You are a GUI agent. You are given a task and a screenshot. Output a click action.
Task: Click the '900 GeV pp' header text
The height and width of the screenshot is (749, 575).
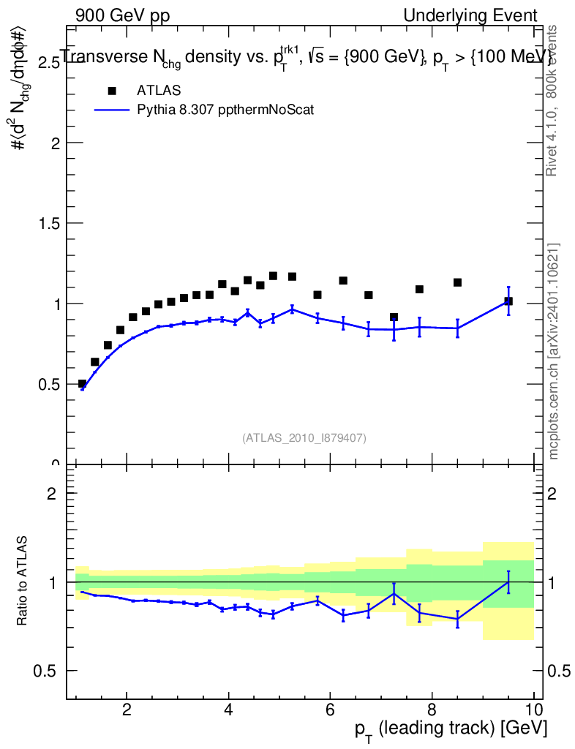pyautogui.click(x=122, y=15)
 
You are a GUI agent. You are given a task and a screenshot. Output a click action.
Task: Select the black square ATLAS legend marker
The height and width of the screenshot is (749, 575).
pyautogui.click(x=112, y=91)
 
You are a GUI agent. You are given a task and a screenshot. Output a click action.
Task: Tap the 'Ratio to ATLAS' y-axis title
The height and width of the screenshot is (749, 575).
pyautogui.click(x=24, y=581)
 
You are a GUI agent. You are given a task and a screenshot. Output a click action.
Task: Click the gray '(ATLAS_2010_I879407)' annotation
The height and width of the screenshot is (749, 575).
pyautogui.click(x=304, y=438)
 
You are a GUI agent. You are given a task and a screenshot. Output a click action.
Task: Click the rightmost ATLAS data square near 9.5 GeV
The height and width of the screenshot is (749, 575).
pyautogui.click(x=508, y=301)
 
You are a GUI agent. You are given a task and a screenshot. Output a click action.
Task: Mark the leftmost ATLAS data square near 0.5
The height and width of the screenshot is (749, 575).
pyautogui.click(x=82, y=384)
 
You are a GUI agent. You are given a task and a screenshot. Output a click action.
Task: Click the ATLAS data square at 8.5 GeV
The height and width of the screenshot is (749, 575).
pyautogui.click(x=457, y=282)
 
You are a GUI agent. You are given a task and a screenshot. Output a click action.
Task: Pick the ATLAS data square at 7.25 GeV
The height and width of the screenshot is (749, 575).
pyautogui.click(x=394, y=317)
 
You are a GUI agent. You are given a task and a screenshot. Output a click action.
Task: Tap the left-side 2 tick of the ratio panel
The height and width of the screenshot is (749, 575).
pyautogui.click(x=51, y=493)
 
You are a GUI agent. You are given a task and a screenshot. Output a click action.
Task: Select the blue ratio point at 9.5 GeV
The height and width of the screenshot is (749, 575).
pyautogui.click(x=508, y=581)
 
